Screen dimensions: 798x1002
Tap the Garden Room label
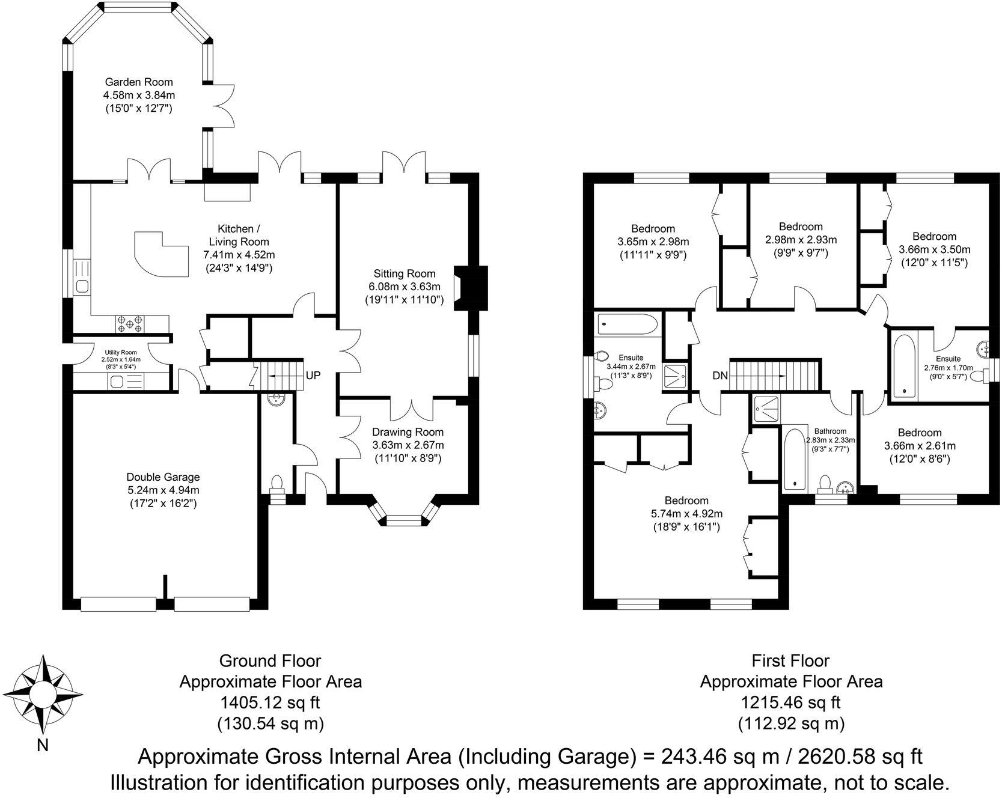coord(139,82)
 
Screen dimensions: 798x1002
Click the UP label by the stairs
coord(313,376)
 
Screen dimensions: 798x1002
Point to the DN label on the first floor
coord(720,376)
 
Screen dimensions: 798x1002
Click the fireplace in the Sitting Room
coord(471,288)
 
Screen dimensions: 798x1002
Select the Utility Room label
coord(121,353)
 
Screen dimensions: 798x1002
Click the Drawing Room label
coord(408,432)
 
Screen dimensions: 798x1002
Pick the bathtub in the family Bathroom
coord(795,460)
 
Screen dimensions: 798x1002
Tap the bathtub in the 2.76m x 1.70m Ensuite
coord(903,365)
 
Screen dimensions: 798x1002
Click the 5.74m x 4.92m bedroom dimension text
coord(686,514)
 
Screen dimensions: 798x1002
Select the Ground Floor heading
coord(270,661)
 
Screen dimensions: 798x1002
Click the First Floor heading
coord(790,661)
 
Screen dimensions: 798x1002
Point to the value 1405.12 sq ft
coord(270,702)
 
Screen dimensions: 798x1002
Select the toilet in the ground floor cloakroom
coord(277,484)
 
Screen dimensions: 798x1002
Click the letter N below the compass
coord(43,746)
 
